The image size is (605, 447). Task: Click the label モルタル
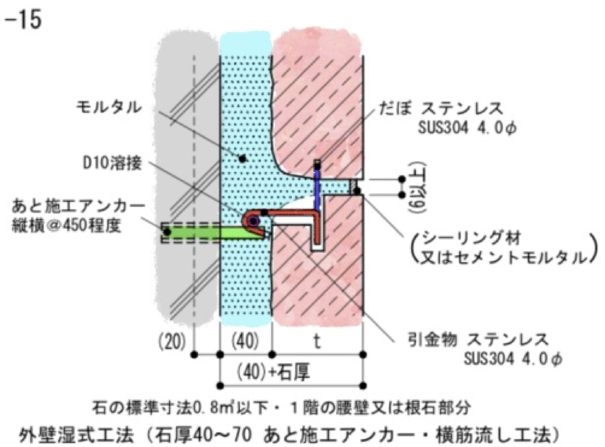(x=110, y=107)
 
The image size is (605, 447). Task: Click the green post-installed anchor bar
(x=201, y=232)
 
